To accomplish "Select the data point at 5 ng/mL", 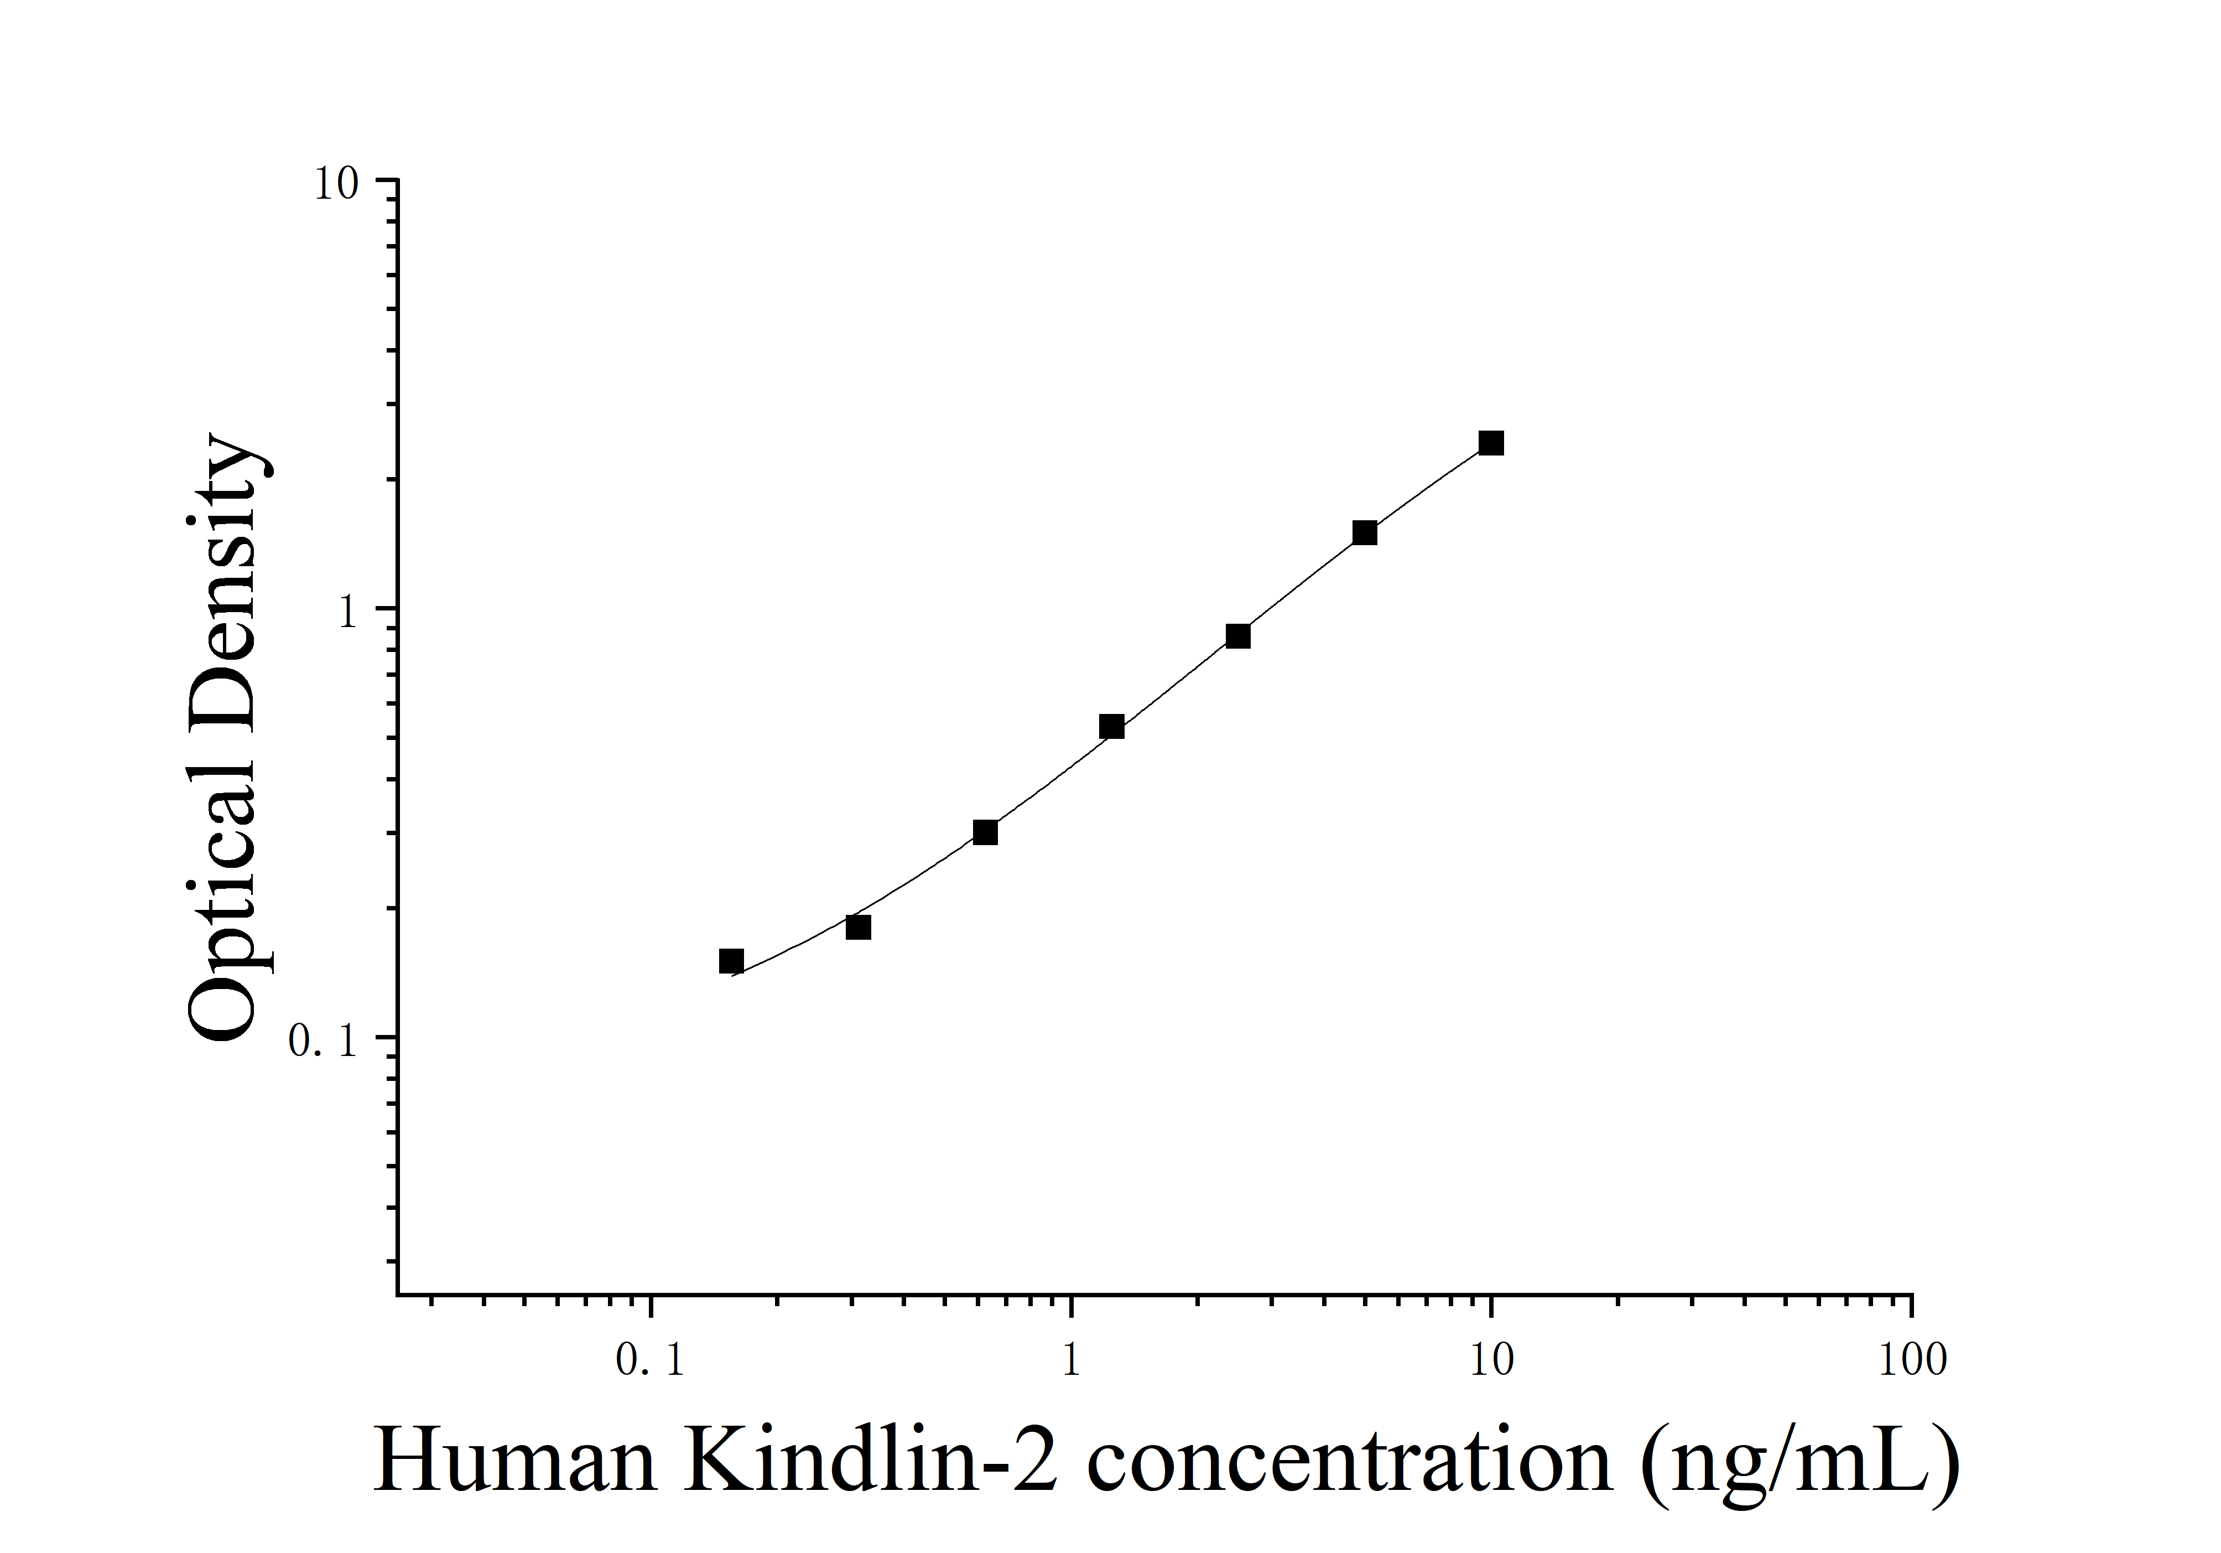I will (x=1364, y=532).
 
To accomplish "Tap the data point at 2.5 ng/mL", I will (x=1237, y=636).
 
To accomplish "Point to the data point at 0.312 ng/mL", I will (x=858, y=927).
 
